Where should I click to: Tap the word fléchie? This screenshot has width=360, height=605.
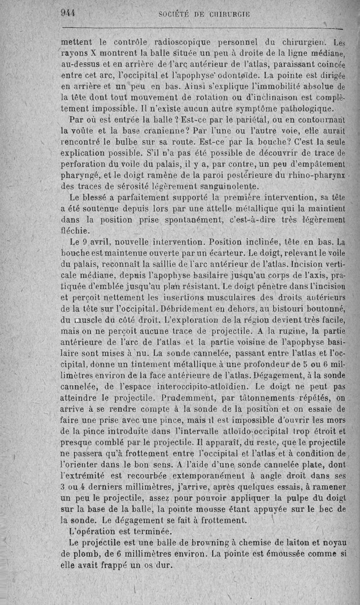coord(75,230)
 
